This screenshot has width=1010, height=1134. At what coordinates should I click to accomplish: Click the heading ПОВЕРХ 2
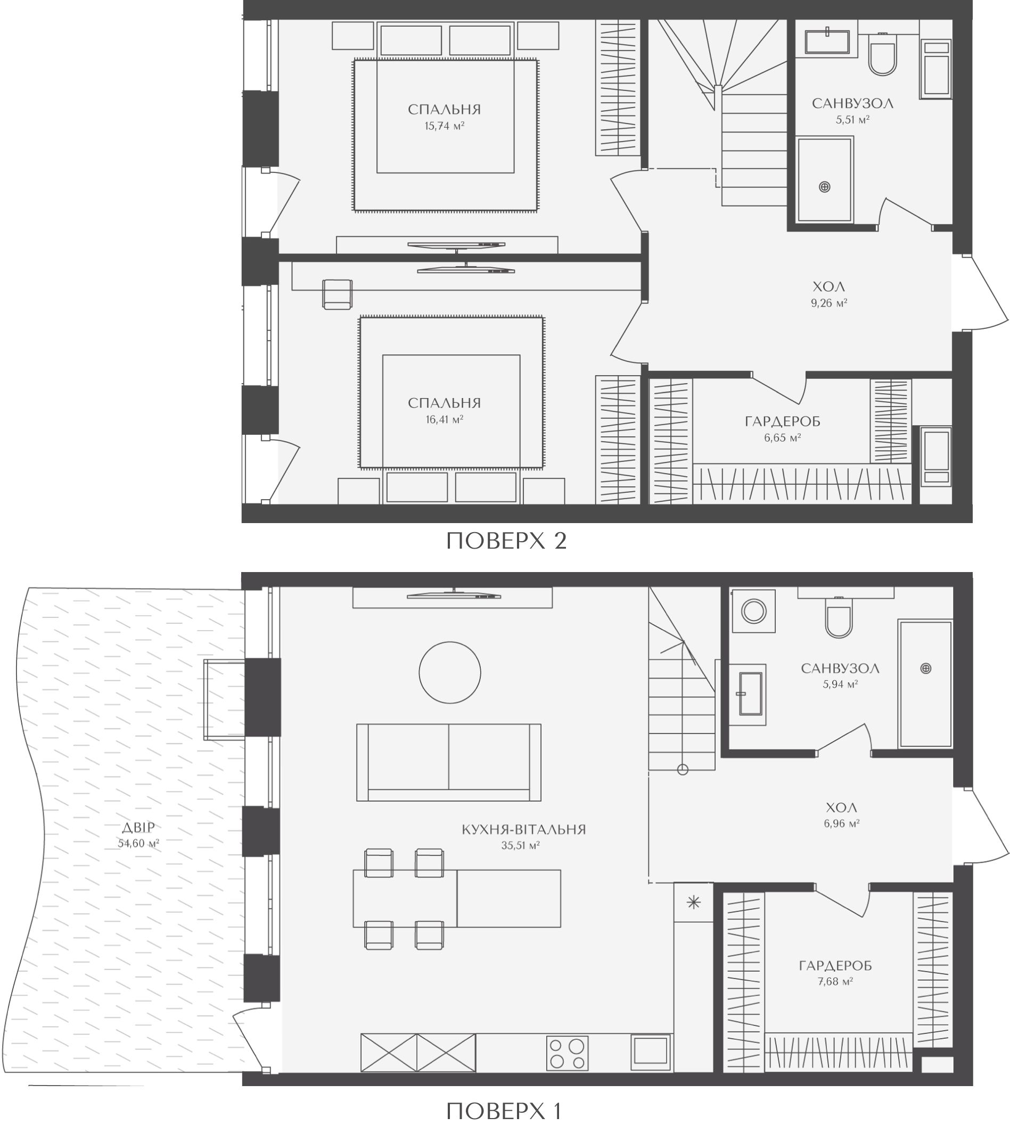point(506,541)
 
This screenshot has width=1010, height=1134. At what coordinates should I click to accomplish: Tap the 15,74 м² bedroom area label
point(445,126)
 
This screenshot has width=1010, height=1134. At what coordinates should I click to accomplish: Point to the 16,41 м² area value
point(445,419)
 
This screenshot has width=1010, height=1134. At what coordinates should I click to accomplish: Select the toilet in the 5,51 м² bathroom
point(882,55)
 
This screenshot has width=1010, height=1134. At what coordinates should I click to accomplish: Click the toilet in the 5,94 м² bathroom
point(838,617)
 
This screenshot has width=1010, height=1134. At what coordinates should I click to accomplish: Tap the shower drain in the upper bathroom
point(825,187)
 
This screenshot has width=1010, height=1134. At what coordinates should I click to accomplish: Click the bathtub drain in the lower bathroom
point(926,668)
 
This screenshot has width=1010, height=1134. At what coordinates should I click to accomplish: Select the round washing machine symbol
point(754,612)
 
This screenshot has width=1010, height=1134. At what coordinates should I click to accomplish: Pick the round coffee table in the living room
point(449,673)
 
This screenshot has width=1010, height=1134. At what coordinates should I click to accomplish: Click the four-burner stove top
point(567,1053)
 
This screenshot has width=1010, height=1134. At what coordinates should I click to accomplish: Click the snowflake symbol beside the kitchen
point(694,903)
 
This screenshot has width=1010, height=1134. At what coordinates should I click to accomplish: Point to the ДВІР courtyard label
point(139,829)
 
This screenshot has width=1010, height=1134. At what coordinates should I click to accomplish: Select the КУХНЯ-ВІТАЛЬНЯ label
point(524,830)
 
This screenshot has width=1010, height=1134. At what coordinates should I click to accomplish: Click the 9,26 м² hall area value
point(829,303)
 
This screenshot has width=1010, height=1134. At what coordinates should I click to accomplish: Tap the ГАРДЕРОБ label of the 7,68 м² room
point(835,966)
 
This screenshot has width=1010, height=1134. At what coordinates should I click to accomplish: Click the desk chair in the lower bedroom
point(338,295)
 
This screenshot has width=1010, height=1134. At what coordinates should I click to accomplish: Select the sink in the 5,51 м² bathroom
point(827,42)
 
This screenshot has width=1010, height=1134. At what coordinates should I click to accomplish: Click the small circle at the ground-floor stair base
point(683,769)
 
